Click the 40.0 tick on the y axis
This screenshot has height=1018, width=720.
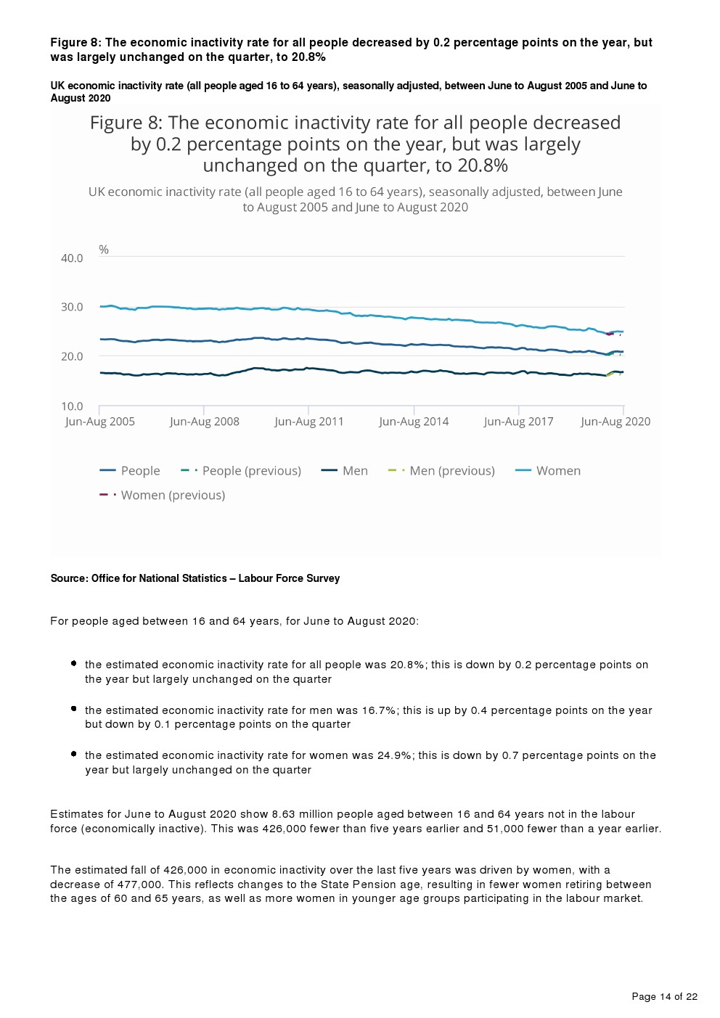(72, 258)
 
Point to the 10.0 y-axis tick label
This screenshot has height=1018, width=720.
(72, 406)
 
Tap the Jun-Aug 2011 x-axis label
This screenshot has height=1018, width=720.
(309, 422)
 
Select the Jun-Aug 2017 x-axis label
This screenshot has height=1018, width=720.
(518, 422)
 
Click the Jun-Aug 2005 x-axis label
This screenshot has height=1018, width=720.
(100, 422)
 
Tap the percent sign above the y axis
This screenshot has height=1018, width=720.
(104, 250)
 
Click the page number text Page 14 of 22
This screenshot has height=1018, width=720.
(664, 996)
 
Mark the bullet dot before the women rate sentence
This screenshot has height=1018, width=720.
(73, 754)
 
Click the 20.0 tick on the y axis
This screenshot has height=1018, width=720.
(72, 356)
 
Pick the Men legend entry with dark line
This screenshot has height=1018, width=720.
(354, 471)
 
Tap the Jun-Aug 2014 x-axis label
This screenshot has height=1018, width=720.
(414, 422)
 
